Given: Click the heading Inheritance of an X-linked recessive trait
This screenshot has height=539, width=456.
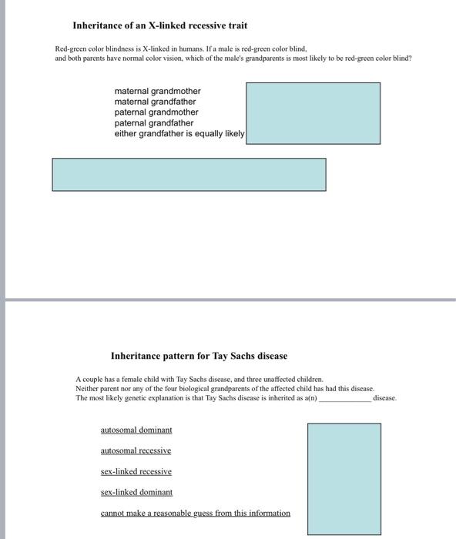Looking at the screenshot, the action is pos(159,26).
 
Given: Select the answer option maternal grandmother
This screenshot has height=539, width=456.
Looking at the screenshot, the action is pos(157,91).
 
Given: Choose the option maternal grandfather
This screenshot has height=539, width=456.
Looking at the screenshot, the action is pos(155,102).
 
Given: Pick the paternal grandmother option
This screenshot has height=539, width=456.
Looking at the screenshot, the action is pos(156,112).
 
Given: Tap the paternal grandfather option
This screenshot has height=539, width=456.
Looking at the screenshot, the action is pos(154,123).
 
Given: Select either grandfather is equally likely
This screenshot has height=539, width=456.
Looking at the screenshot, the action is pos(179,134).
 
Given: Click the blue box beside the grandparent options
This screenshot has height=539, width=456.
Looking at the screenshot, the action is pos(313,113).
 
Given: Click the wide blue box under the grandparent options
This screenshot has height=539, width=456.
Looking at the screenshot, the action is pos(189,174).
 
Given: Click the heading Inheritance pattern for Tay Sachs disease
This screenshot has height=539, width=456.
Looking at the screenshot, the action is pos(199,356).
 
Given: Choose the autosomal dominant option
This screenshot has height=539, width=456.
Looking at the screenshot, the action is pos(136,430).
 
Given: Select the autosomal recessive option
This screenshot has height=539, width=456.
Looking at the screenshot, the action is pos(136,450).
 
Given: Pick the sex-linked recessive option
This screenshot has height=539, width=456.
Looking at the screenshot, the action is pos(136,471).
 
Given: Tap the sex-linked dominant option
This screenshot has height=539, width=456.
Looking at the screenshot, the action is pos(136,492).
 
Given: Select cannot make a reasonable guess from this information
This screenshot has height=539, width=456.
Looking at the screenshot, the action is pos(196,513).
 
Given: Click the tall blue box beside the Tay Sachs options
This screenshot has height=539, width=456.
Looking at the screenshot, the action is pos(344,478).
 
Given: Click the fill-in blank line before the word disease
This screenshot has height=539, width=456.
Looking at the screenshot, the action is pos(345,398).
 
